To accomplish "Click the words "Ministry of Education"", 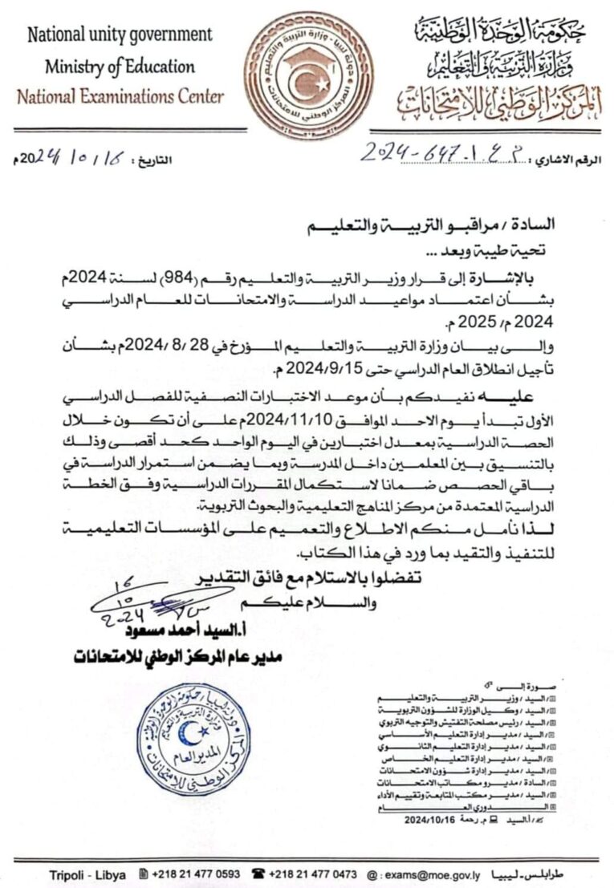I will point(120,66).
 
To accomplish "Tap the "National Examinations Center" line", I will point(120,97).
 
